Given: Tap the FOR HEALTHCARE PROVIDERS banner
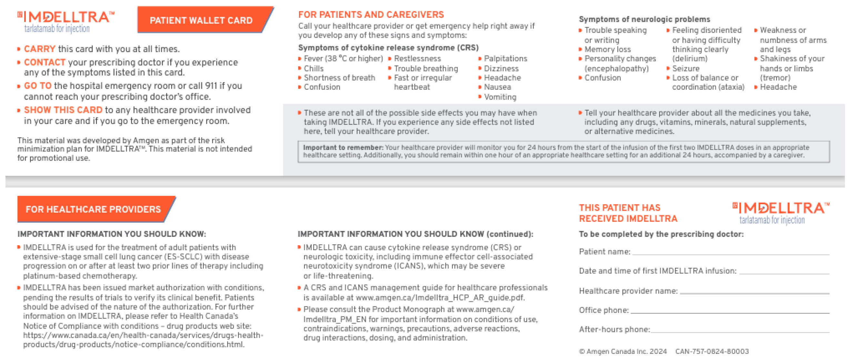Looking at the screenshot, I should coord(93,209).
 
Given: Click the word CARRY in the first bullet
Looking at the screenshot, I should coord(39,49).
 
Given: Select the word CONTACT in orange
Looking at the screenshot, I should coord(45,63).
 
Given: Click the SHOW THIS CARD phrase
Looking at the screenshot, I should coord(63,110).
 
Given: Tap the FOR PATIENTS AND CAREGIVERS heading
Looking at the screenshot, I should coord(371,15).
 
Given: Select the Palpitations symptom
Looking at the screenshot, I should coord(505,59).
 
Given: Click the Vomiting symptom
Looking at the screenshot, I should coord(500,97).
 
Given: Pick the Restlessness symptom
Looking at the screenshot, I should coord(417,59).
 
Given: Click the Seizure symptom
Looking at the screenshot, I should coord(686,69).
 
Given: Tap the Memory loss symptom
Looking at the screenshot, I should coord(607,50).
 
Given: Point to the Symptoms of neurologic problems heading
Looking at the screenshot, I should coord(644,19).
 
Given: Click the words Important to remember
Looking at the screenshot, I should coord(343,148).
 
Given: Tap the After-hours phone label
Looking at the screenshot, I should coord(614,330).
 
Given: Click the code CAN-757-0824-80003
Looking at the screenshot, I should coord(712,351).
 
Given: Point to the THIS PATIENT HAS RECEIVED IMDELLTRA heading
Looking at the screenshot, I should coord(628,213).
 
